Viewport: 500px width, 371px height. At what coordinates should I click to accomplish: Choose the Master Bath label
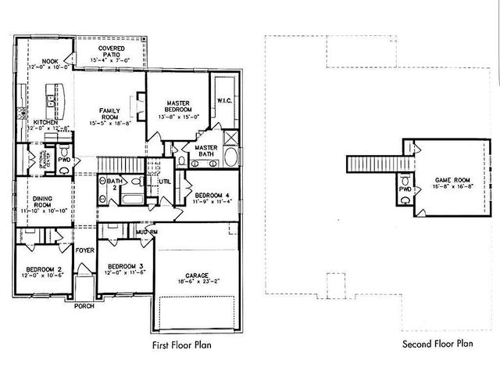(205, 150)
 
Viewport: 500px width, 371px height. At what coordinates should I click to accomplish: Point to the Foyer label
(84, 250)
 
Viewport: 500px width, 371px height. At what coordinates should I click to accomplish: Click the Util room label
(165, 182)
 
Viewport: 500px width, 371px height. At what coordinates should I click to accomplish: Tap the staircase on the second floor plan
(370, 163)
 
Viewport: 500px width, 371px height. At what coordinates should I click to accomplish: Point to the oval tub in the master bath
(232, 156)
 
